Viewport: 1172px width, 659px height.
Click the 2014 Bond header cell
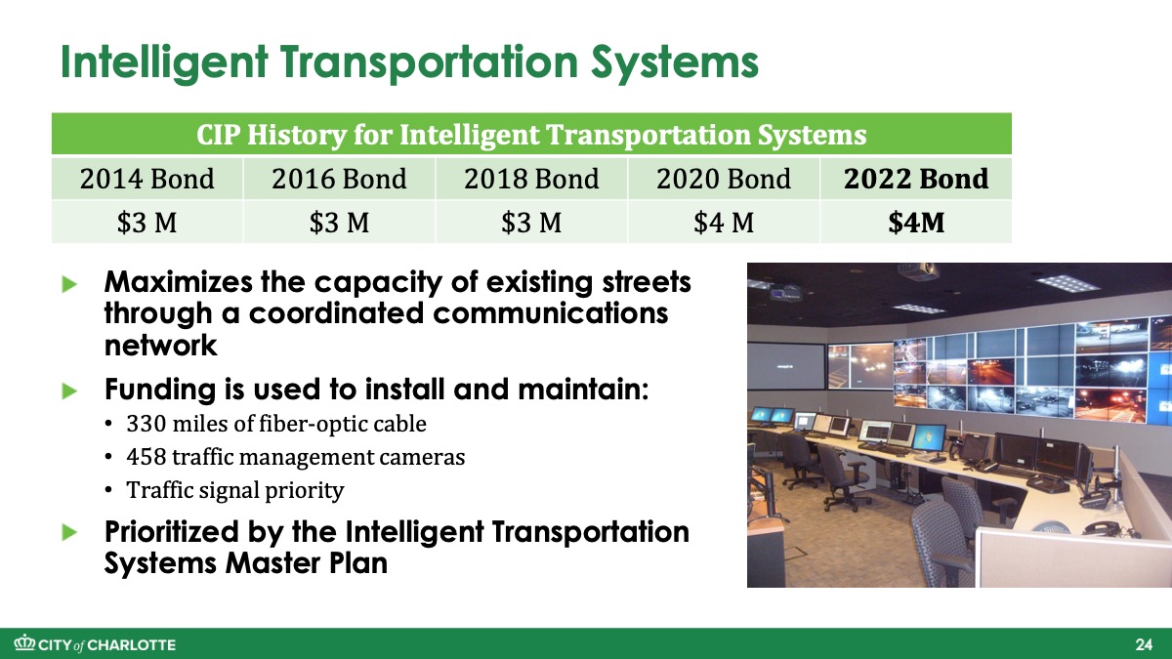pos(147,179)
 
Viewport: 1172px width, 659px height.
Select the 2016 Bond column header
pos(339,179)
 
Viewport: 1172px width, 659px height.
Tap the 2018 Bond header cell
pos(531,179)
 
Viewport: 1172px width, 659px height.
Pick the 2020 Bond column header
pos(724,179)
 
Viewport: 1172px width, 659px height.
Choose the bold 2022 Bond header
pos(916,179)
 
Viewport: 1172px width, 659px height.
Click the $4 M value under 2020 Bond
pos(724,223)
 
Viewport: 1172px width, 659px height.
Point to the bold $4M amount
pos(916,223)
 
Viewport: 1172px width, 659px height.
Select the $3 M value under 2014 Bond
pos(147,223)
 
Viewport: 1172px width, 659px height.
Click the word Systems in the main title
pos(675,62)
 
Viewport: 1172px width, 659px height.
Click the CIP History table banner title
pos(531,135)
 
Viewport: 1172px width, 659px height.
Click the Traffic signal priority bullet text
pos(235,490)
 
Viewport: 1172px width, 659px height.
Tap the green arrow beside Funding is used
pos(69,391)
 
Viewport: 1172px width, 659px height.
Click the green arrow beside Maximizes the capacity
pos(69,284)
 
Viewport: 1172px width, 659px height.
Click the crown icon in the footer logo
pos(24,642)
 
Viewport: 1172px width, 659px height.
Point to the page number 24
pos(1144,644)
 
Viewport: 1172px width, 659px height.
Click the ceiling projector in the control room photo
pos(918,271)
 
